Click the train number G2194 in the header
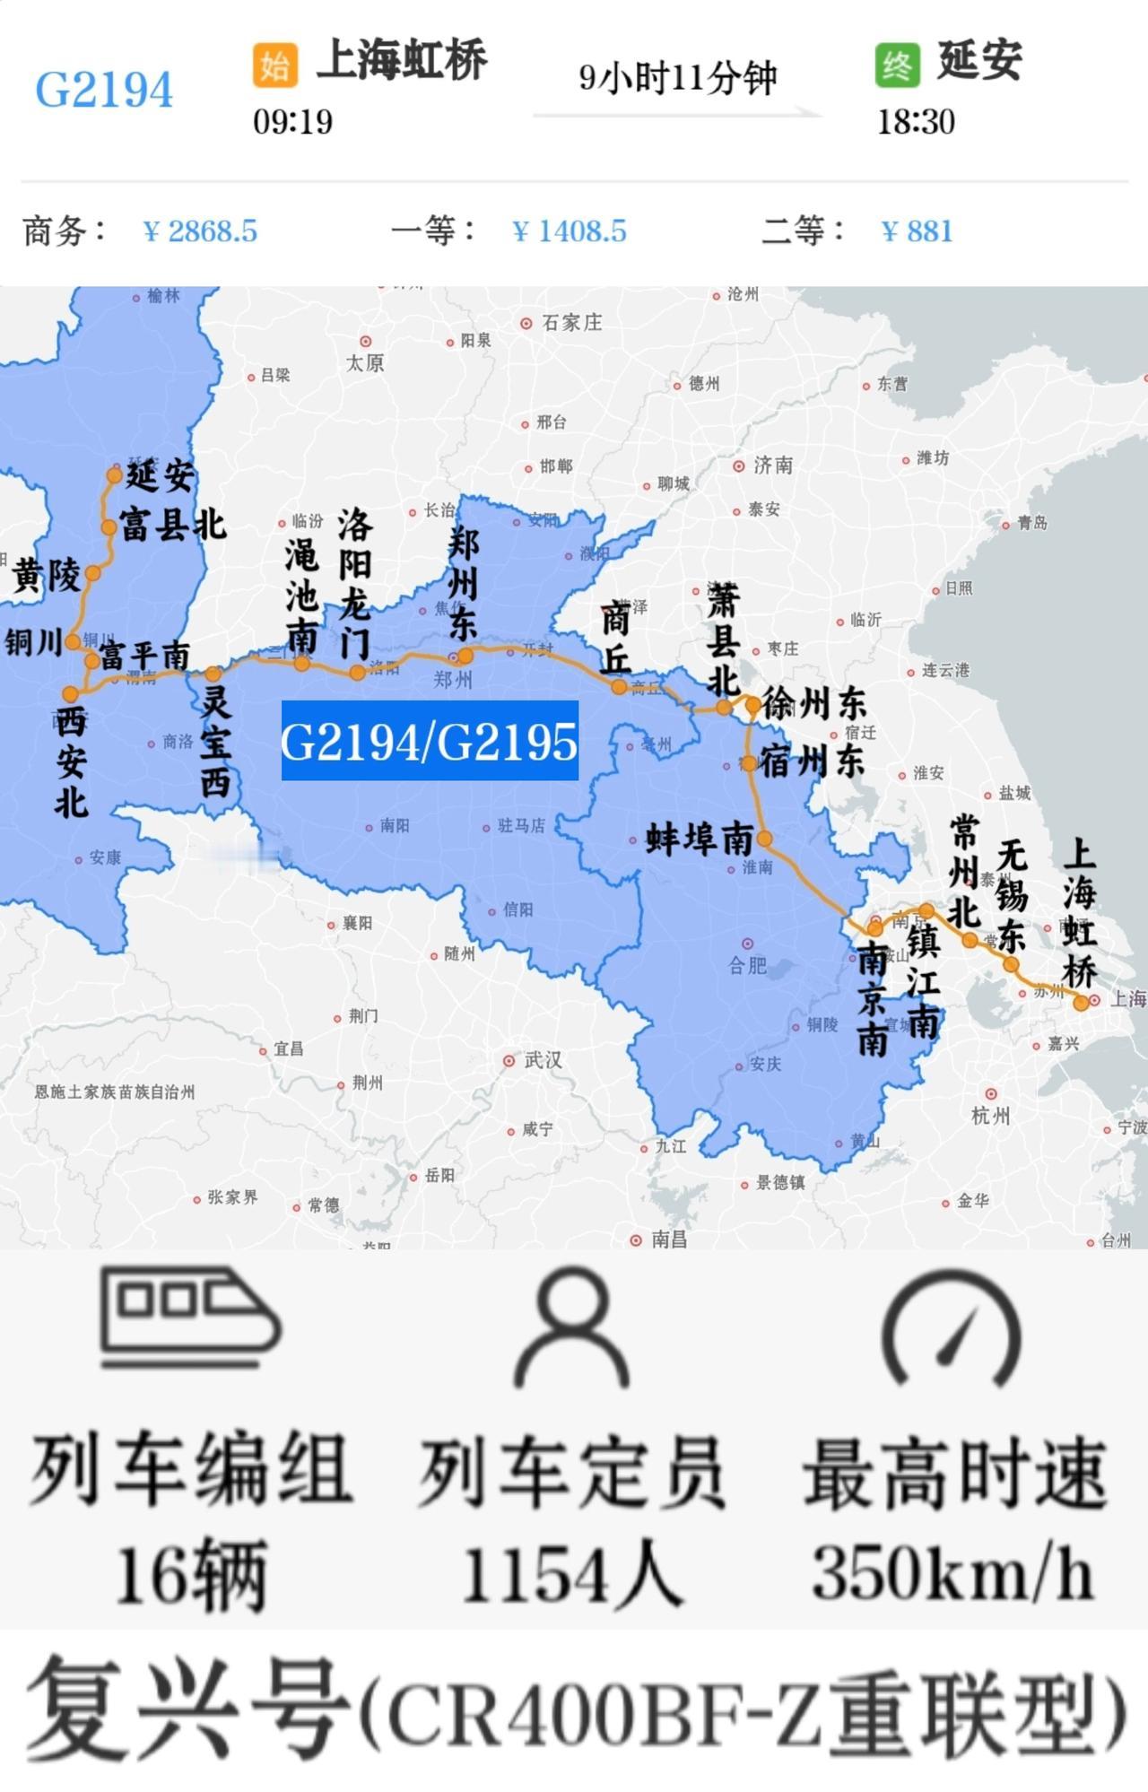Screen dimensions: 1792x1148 [104, 90]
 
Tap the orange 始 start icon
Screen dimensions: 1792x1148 [274, 65]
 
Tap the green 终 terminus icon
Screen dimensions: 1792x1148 [897, 65]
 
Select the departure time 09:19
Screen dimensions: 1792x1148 [292, 121]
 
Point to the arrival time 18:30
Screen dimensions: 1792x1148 [916, 121]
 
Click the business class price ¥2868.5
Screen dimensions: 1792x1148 [200, 231]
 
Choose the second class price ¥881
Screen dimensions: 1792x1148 [917, 231]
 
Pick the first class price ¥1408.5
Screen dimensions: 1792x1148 [569, 231]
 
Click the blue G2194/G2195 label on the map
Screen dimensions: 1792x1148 [430, 741]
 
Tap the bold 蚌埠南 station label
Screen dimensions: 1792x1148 [700, 839]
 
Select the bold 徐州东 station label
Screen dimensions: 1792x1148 [814, 704]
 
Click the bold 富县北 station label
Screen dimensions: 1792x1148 [172, 525]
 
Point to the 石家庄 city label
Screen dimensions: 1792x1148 [571, 322]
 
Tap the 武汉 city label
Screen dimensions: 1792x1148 [543, 1060]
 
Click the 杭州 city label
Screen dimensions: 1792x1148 [991, 1116]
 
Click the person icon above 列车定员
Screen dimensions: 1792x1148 [571, 1328]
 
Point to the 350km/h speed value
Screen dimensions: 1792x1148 [952, 1573]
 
